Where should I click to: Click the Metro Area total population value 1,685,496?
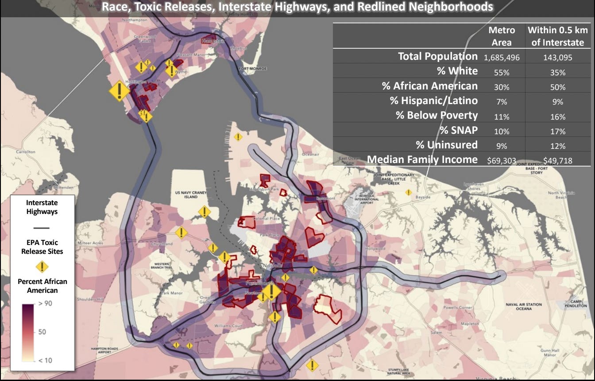502,58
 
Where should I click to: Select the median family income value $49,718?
557,160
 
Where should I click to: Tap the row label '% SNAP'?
459,130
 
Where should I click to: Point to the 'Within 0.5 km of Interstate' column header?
558,36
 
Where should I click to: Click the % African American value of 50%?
557,87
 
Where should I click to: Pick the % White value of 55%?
502,73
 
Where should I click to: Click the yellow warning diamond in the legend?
42,267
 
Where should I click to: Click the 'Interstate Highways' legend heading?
42,207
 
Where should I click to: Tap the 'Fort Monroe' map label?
252,69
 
